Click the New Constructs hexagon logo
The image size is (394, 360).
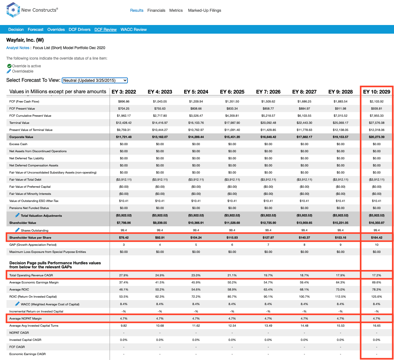point(13,10)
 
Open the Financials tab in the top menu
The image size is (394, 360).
point(156,10)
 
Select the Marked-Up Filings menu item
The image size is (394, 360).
point(204,10)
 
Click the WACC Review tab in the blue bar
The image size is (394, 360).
point(134,29)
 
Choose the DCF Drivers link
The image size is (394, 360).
point(80,29)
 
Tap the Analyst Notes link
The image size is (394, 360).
point(18,48)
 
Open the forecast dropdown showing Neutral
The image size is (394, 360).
point(95,80)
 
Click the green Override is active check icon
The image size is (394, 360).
point(9,66)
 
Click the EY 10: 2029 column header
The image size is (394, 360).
point(376,92)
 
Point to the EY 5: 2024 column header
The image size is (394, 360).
point(196,92)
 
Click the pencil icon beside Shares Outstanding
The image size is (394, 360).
point(17,230)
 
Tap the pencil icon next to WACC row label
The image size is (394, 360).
point(17,304)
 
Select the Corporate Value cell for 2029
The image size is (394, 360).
point(376,137)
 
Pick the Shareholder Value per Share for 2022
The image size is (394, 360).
point(124,237)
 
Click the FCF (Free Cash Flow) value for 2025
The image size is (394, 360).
point(232,101)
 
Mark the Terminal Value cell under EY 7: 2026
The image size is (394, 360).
point(268,123)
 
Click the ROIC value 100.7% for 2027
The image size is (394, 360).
point(304,297)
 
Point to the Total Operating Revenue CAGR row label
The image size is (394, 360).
point(31,275)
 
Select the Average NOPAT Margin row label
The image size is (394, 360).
point(26,318)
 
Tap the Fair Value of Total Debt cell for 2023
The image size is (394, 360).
point(160,179)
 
